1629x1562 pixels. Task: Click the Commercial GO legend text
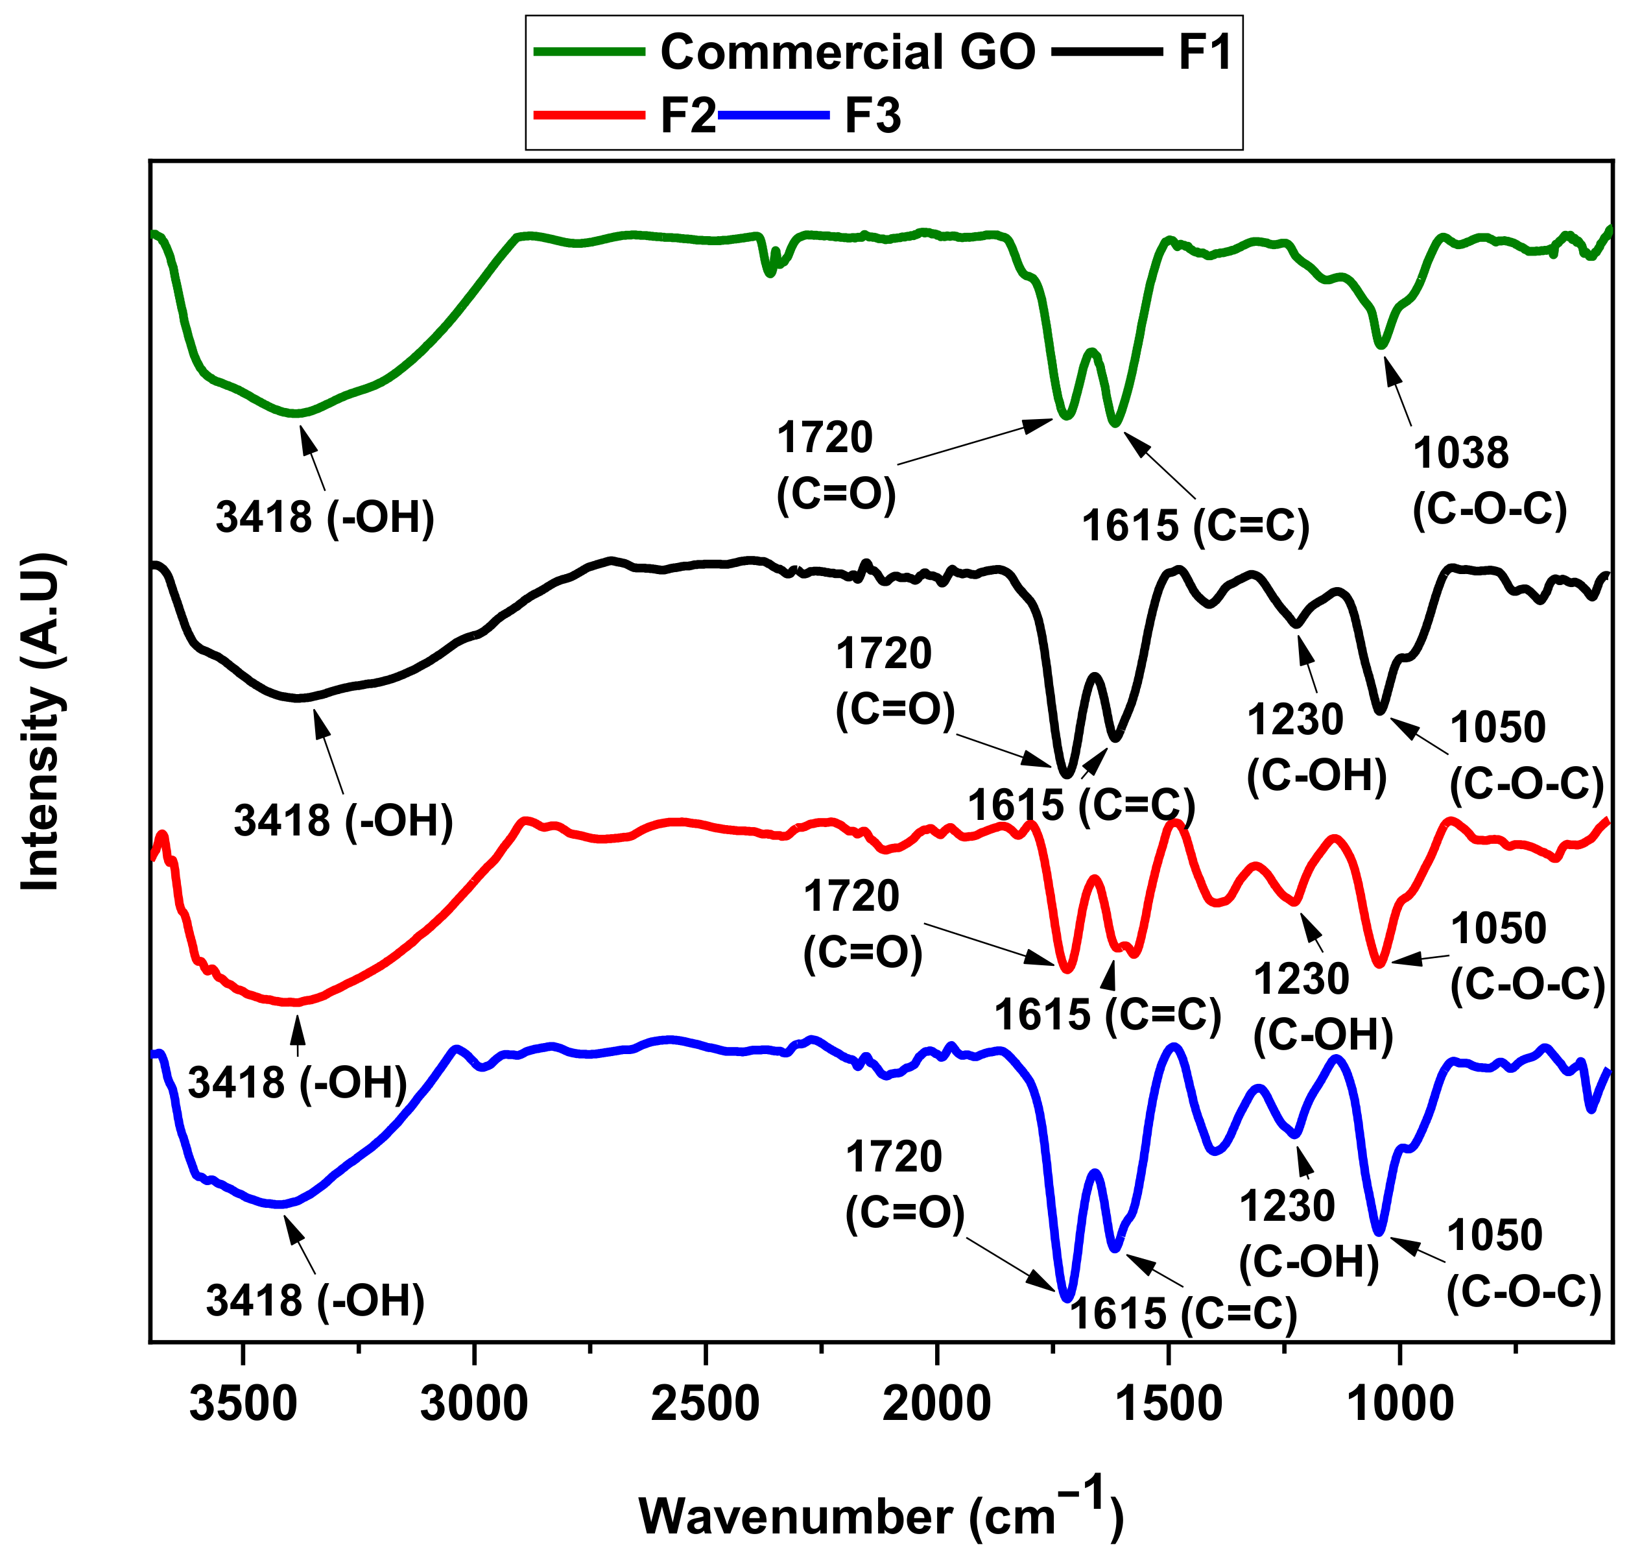pos(847,51)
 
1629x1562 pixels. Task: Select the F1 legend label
pos(1204,51)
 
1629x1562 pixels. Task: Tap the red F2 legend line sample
pos(589,115)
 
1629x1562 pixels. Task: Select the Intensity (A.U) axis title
pos(42,721)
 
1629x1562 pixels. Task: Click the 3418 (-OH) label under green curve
pos(325,517)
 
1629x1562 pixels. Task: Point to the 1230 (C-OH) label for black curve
pos(1316,747)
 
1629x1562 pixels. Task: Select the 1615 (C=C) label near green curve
pos(1195,525)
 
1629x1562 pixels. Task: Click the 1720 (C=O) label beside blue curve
pos(904,1184)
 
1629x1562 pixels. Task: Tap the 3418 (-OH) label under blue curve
pos(315,1300)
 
